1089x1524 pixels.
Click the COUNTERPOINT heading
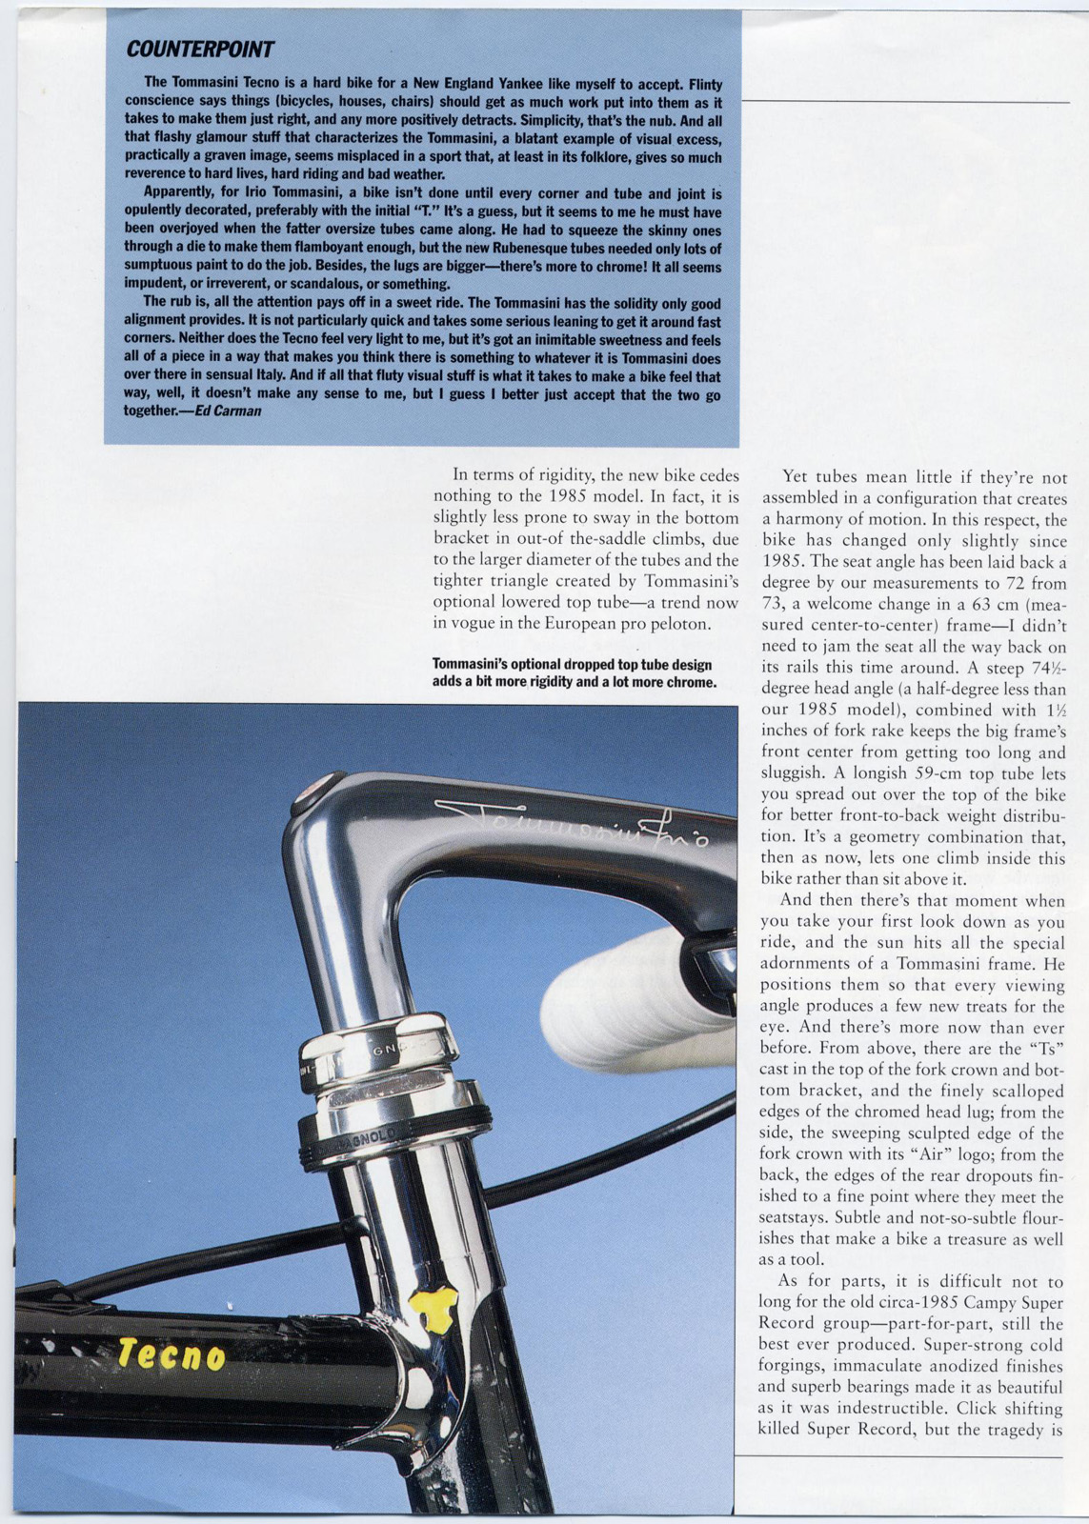point(200,50)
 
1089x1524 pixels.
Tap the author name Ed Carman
point(228,411)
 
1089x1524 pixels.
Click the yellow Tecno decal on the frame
point(171,1354)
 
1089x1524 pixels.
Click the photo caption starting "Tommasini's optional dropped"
point(574,673)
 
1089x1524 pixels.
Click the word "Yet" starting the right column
point(797,477)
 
